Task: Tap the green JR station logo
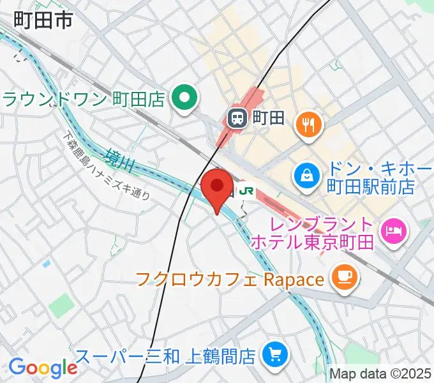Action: coord(246,190)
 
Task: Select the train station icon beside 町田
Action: coord(237,117)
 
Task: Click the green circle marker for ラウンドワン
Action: coord(185,98)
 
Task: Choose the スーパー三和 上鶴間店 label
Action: coord(166,355)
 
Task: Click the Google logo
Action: coord(42,368)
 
